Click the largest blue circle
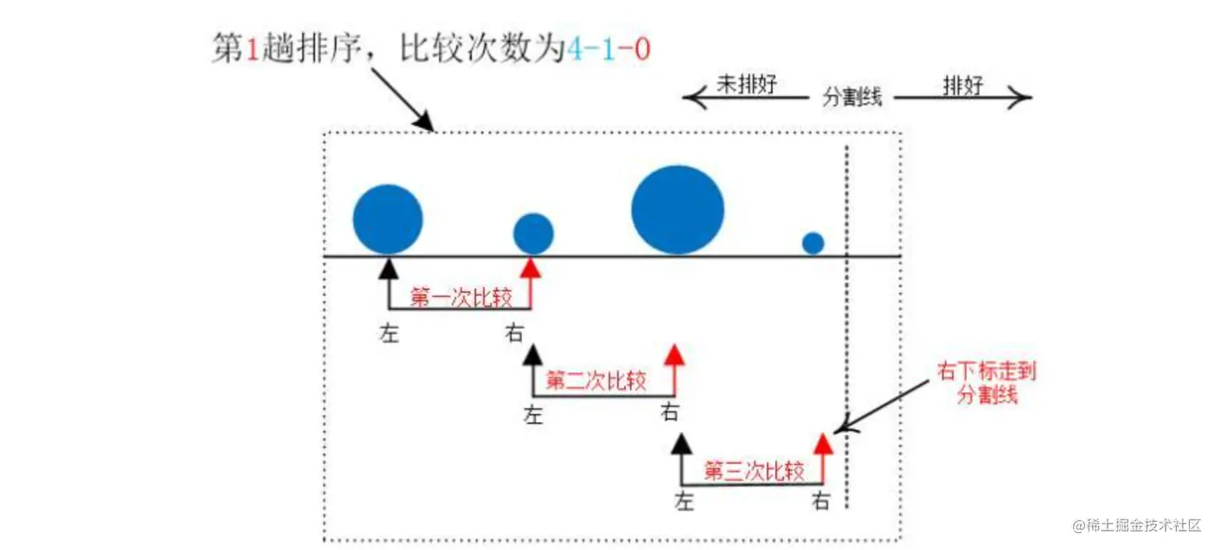[677, 210]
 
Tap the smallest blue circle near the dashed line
[814, 242]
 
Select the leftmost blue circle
[388, 219]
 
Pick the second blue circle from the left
[533, 234]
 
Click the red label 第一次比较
[461, 298]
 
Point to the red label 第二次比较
[596, 381]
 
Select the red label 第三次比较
[754, 471]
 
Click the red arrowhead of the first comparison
[531, 267]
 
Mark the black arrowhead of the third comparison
[682, 445]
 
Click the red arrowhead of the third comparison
[822, 444]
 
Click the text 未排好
[746, 85]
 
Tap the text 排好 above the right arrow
[963, 85]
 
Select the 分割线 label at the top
[852, 97]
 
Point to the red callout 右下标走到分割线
[987, 383]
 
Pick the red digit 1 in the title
[251, 50]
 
